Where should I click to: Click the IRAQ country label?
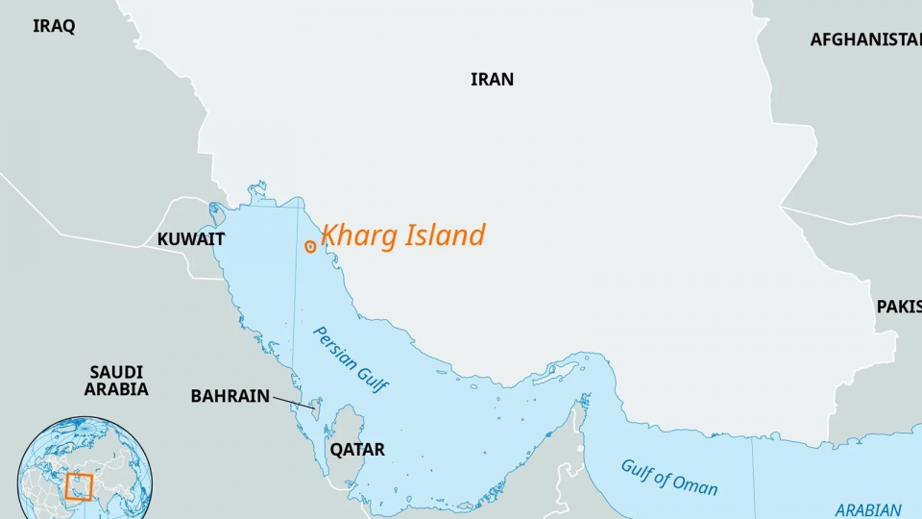click(x=54, y=27)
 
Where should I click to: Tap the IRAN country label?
click(x=492, y=80)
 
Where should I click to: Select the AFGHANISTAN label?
click(x=865, y=39)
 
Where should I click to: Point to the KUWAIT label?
click(x=191, y=239)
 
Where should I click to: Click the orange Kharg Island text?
click(x=402, y=235)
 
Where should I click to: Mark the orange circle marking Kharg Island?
click(x=310, y=246)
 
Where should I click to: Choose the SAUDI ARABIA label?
click(x=116, y=381)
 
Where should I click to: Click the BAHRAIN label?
click(x=230, y=395)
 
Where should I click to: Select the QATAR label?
click(x=356, y=450)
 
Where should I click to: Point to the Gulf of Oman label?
click(x=668, y=476)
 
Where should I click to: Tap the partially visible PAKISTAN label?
click(x=898, y=307)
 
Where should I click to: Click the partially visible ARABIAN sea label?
click(x=867, y=510)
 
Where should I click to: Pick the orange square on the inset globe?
click(x=79, y=486)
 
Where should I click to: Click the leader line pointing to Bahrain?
click(x=294, y=403)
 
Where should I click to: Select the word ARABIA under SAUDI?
click(x=116, y=389)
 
